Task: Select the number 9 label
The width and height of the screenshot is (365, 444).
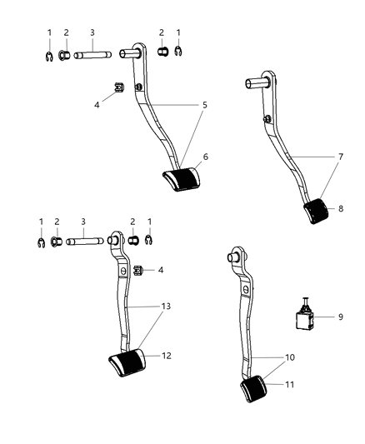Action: tap(340, 316)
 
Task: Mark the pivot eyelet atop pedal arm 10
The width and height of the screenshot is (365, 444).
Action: tap(235, 256)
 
